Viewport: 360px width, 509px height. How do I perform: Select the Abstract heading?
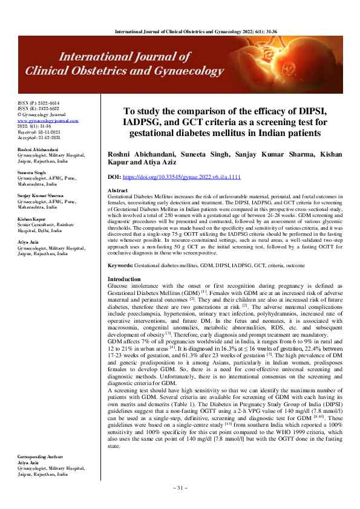point(117,189)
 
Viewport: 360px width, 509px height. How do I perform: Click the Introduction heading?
point(124,279)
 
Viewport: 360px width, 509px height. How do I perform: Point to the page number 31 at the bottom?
point(180,487)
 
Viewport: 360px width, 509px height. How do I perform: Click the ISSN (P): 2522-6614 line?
point(39,103)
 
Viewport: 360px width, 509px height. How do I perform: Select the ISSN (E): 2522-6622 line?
point(39,109)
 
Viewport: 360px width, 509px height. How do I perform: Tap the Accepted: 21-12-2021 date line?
point(39,137)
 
